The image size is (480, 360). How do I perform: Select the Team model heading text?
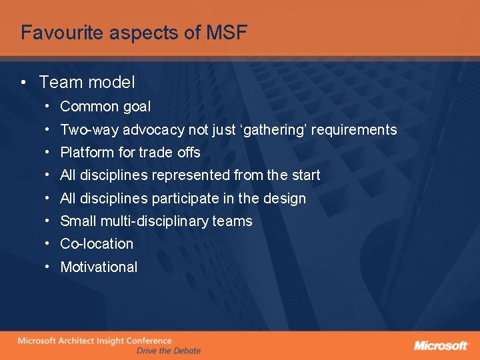point(87,83)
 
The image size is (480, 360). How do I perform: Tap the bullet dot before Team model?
point(23,83)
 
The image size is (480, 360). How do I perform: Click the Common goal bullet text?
point(105,107)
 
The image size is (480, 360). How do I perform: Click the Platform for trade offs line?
point(130,153)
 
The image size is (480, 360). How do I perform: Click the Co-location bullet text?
point(97,244)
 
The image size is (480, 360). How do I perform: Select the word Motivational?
point(99,267)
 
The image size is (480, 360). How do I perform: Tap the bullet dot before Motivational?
point(49,267)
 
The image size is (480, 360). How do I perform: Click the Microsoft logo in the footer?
point(441,345)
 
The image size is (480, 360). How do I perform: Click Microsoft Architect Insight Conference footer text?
point(94,341)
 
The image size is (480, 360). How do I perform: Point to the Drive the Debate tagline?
point(168,351)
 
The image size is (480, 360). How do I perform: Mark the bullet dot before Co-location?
point(49,244)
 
